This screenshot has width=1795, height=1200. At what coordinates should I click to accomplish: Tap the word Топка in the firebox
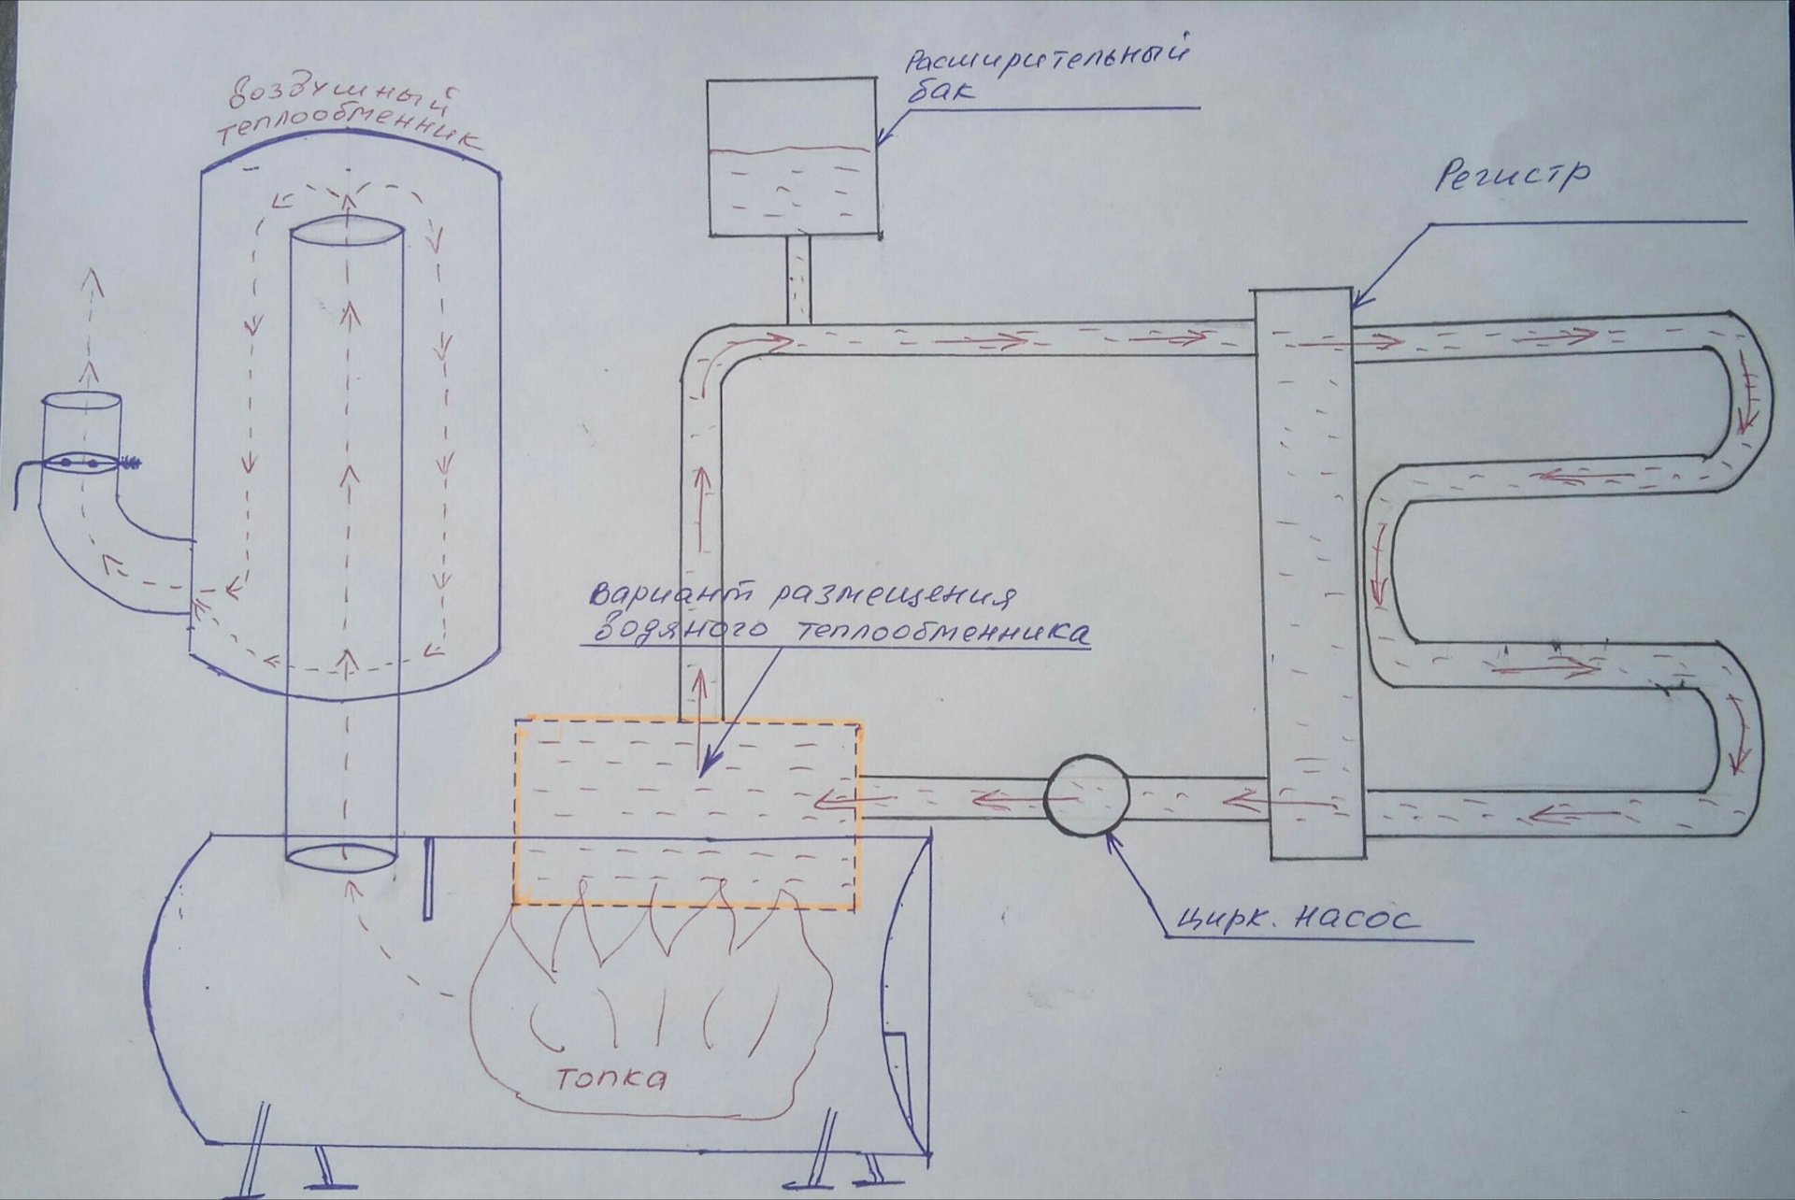click(612, 1078)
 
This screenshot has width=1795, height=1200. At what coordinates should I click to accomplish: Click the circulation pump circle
click(1085, 795)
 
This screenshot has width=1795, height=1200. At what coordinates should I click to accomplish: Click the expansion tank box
click(792, 157)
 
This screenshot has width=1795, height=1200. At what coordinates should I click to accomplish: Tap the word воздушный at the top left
click(348, 99)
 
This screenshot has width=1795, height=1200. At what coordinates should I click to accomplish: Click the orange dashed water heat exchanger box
click(686, 813)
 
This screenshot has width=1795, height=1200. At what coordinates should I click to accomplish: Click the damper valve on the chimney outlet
click(80, 461)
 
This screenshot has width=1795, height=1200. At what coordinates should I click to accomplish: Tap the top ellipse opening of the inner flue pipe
click(346, 231)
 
